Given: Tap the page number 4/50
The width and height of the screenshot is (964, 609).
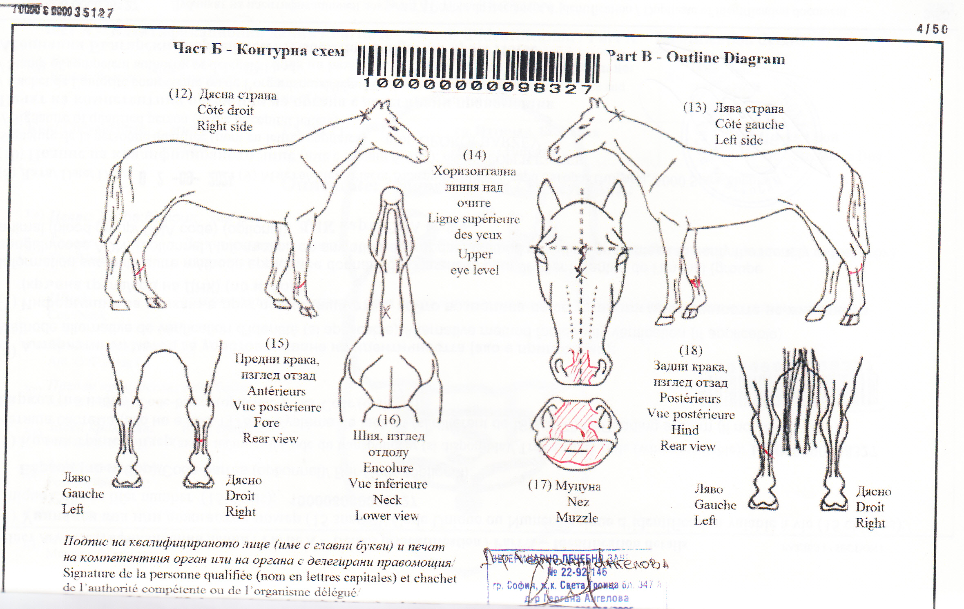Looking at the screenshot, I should click(x=932, y=29).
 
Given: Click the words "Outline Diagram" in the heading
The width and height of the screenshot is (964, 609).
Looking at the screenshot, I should click(x=725, y=58).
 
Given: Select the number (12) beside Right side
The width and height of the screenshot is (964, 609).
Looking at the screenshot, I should click(x=180, y=94).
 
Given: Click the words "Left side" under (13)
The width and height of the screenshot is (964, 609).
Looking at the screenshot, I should click(x=739, y=140).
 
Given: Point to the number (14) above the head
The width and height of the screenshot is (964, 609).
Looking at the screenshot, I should click(x=474, y=155).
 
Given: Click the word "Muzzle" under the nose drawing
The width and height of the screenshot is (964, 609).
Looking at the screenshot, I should click(x=577, y=518).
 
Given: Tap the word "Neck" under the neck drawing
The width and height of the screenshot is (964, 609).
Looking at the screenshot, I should click(x=387, y=500).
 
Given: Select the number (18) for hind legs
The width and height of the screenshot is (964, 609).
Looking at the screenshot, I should click(x=691, y=350).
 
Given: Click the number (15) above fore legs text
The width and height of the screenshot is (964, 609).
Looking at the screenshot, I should click(x=277, y=343).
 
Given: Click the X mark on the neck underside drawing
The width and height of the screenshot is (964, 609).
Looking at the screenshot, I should click(x=386, y=312).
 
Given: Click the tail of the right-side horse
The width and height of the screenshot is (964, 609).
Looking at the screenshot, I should click(x=114, y=204).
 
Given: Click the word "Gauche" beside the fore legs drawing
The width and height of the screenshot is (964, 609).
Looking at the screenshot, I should click(x=83, y=493).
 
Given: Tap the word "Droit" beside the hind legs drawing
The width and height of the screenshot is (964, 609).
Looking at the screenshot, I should click(x=870, y=507).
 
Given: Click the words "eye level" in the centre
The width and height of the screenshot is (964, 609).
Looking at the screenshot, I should click(x=475, y=270).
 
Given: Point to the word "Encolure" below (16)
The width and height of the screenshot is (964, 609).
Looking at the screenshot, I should click(x=388, y=468).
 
